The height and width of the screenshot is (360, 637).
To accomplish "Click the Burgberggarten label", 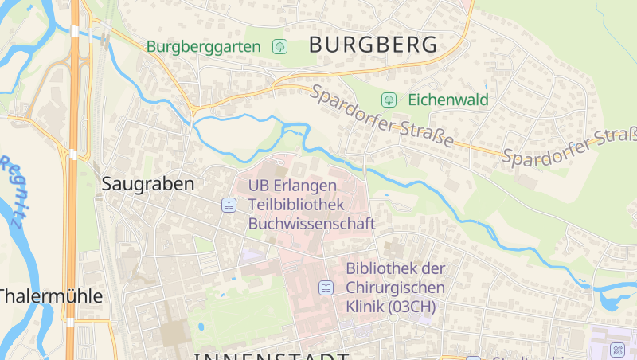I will (x=203, y=46).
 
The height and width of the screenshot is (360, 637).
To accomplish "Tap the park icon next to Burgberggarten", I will (x=279, y=46).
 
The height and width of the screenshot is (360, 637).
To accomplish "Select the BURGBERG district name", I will (x=373, y=45).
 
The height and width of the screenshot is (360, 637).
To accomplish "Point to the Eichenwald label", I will (x=448, y=100).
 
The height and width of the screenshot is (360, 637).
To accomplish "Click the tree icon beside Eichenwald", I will (x=389, y=100).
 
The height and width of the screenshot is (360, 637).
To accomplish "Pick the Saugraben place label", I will (x=148, y=184).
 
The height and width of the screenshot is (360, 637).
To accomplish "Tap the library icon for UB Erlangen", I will (x=229, y=205).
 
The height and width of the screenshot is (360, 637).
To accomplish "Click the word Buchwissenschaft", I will (x=311, y=224).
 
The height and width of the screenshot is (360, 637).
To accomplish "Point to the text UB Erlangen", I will (x=292, y=186).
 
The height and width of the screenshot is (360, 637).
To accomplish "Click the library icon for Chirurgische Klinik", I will (x=326, y=288).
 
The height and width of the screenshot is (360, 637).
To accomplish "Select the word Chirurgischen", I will (x=396, y=288).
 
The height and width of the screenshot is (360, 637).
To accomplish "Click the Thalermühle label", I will (x=52, y=297).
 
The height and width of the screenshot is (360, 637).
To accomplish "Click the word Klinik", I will (x=365, y=307).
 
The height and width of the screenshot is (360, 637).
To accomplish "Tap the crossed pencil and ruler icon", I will (x=617, y=350).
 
